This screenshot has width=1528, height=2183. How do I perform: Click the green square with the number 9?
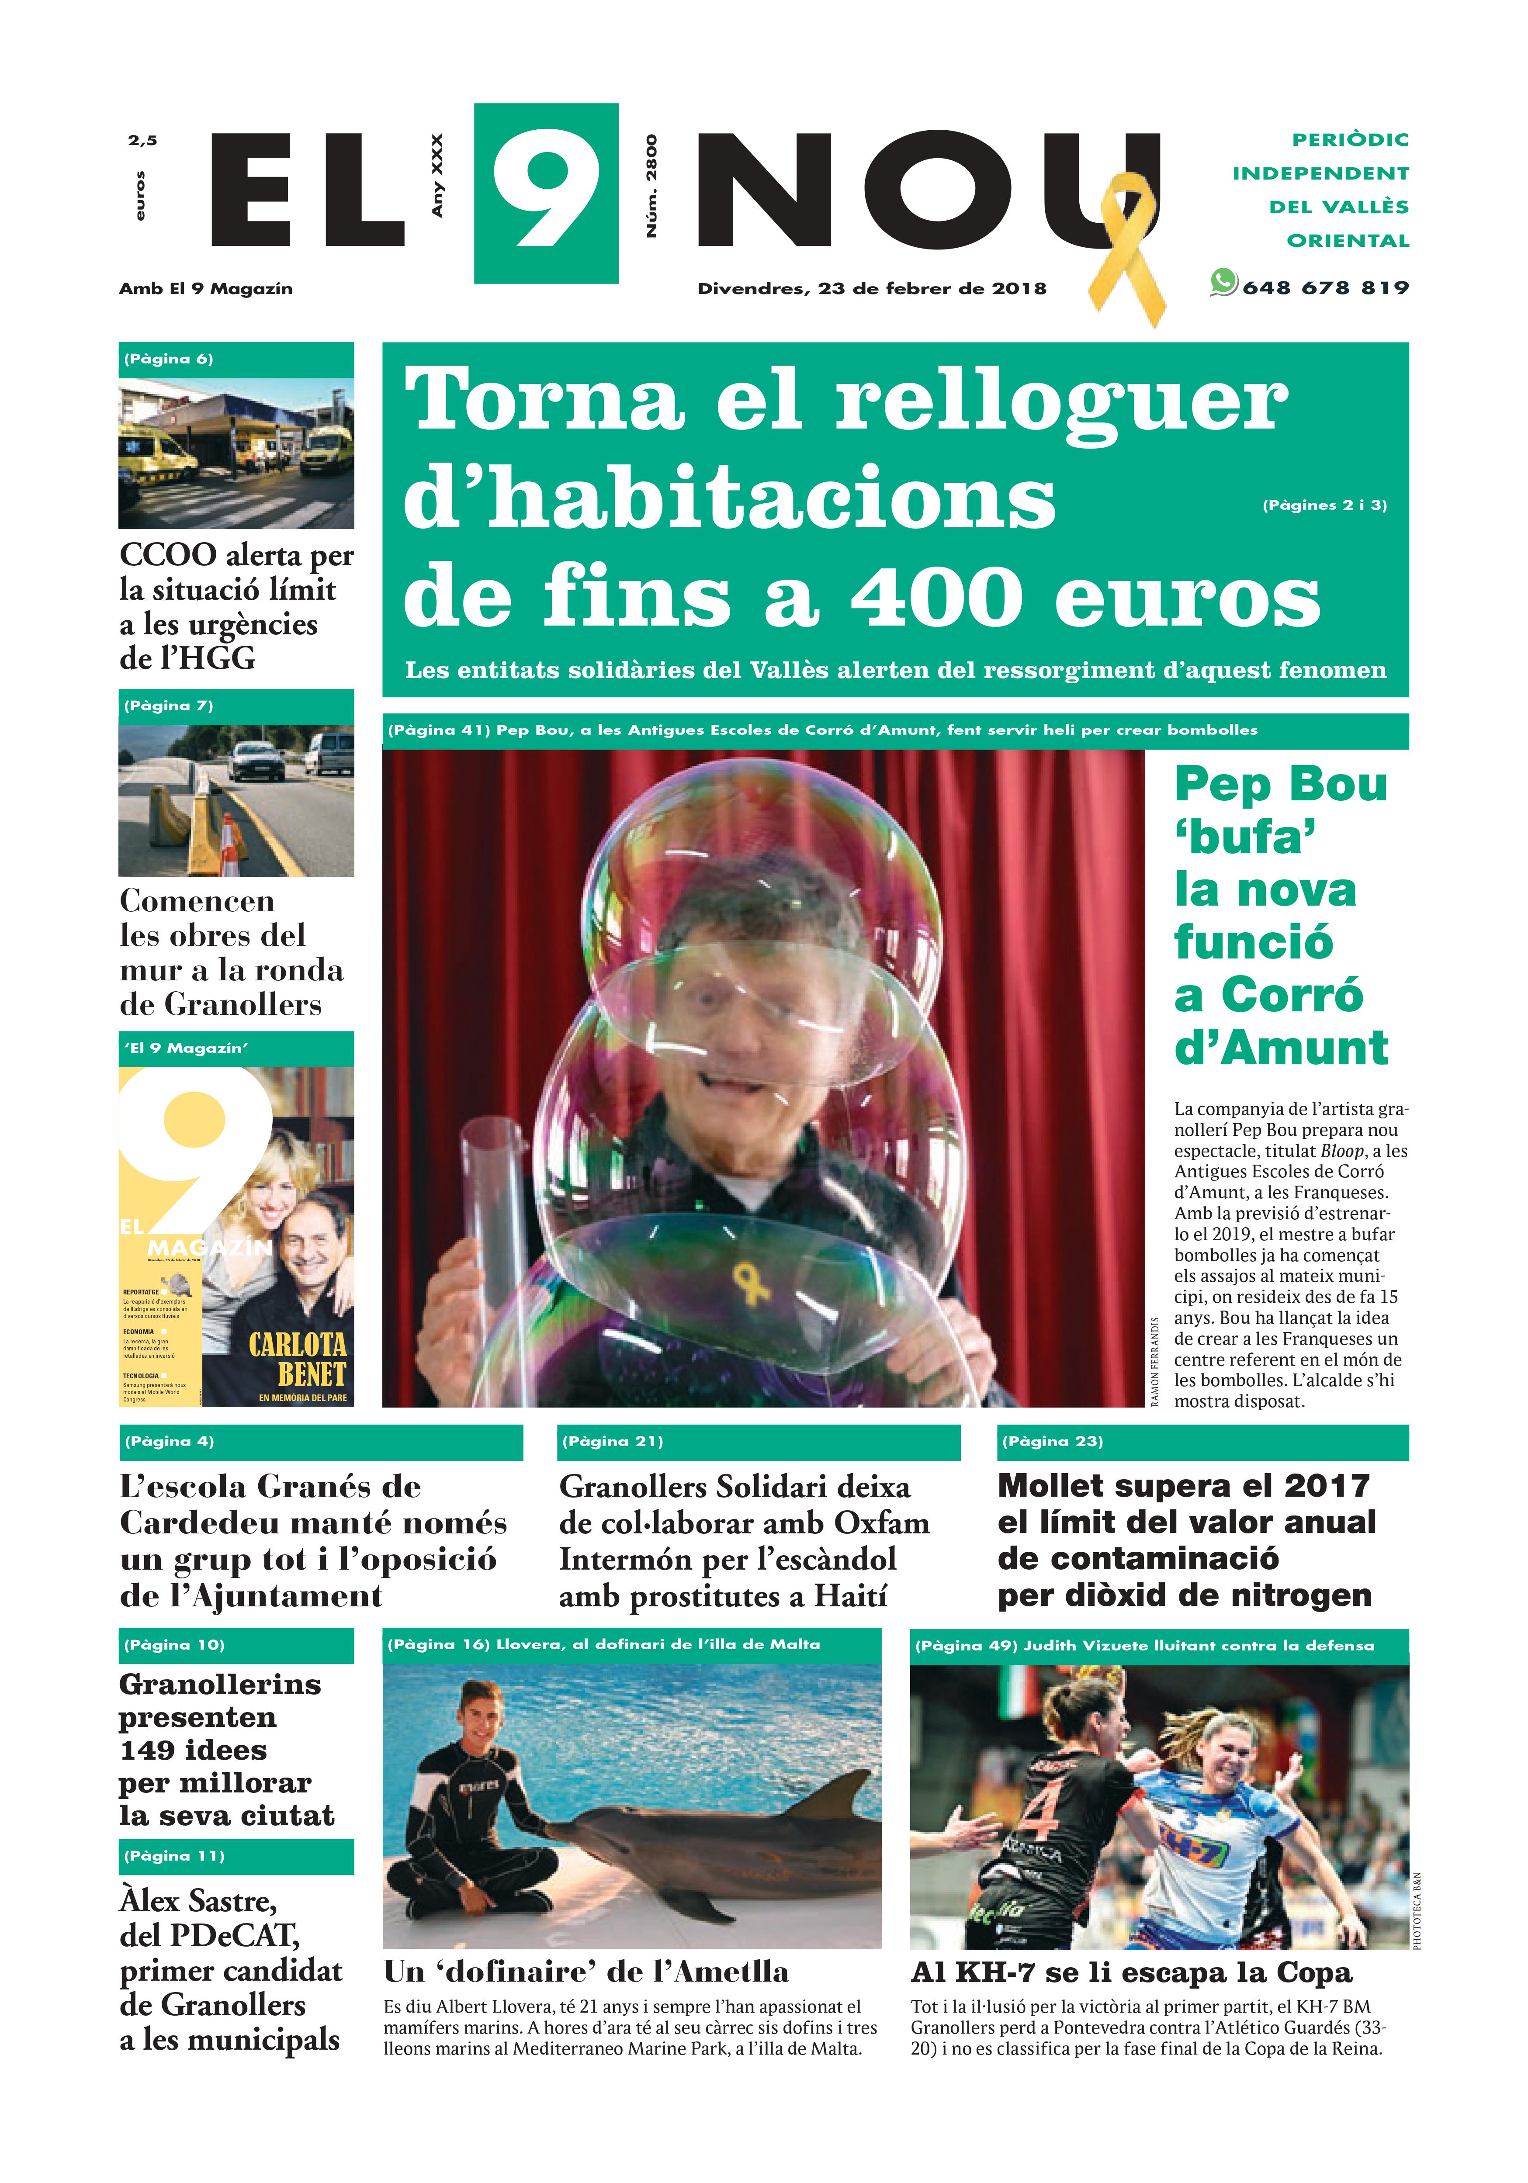(x=546, y=193)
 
